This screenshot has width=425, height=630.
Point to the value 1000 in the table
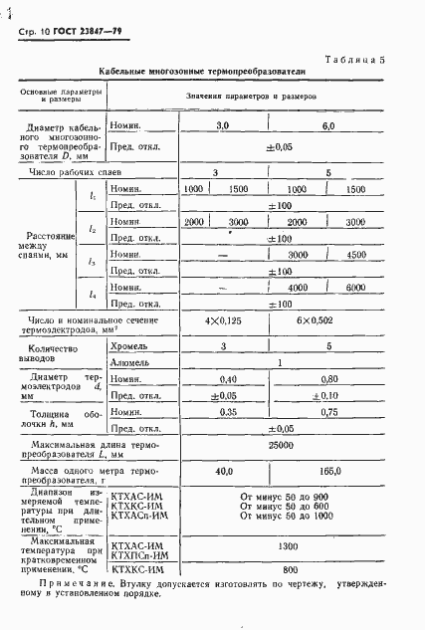pos(193,189)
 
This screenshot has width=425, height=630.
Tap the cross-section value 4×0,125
pos(222,321)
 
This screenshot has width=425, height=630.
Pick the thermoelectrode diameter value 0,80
pos(327,379)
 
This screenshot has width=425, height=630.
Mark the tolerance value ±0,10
pos(327,396)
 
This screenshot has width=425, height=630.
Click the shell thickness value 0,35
pos(228,412)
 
